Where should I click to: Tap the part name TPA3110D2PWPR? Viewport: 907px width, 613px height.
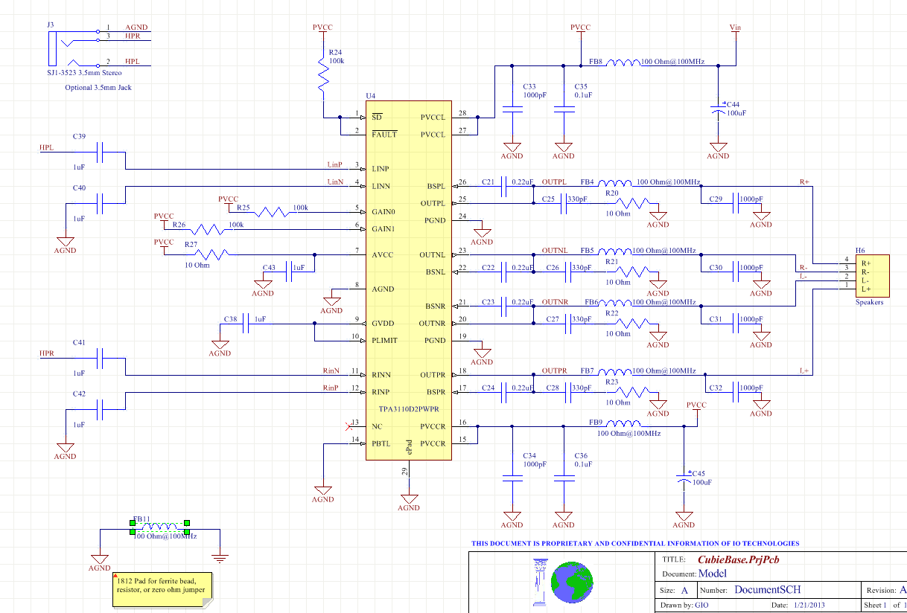pos(409,410)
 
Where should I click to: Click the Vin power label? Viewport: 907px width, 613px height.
pos(736,28)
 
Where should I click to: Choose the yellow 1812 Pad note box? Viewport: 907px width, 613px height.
pos(162,585)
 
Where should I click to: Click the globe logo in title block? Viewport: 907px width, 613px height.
pos(571,581)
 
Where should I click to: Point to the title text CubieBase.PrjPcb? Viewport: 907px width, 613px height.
pos(738,559)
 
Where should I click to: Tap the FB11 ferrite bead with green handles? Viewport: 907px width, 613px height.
pos(160,527)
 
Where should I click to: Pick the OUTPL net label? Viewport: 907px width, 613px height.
pos(555,182)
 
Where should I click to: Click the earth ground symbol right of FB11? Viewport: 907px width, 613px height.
pos(220,556)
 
